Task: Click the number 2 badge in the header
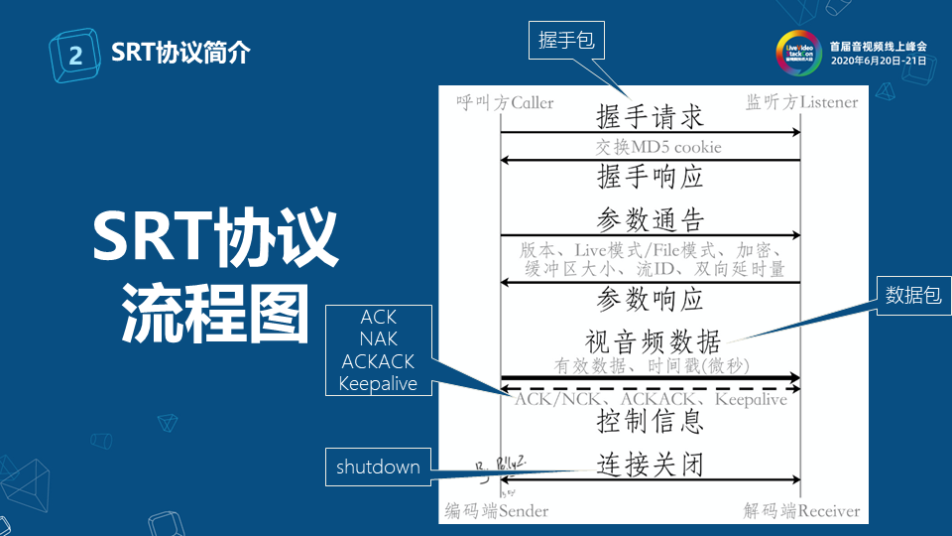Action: point(75,55)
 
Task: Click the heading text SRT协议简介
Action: point(180,53)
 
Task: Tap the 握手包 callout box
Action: point(565,40)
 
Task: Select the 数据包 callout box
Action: point(912,295)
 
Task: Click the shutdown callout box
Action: point(377,467)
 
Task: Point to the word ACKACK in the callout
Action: point(378,360)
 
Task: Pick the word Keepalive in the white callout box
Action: point(378,383)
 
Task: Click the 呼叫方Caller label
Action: point(505,102)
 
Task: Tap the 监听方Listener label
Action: point(801,102)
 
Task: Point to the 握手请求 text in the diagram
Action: point(650,116)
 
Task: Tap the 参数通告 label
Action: point(650,217)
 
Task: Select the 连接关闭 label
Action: point(650,464)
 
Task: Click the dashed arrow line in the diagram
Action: point(650,388)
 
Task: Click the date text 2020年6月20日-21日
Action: point(878,61)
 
